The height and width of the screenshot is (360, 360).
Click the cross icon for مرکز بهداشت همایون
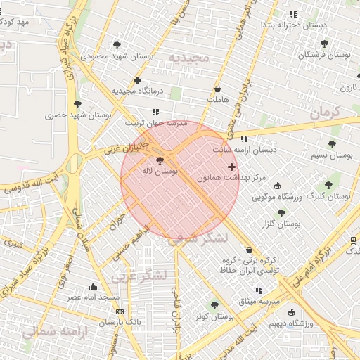tap(232, 167)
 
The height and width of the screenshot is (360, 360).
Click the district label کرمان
tap(324, 111)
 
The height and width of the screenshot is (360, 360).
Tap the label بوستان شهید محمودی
tap(112, 55)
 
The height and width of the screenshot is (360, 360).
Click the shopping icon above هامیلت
tap(218, 89)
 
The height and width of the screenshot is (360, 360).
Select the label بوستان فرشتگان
tap(324, 55)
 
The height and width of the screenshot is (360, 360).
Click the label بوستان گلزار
tap(281, 224)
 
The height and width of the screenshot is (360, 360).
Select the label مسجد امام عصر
tap(94, 297)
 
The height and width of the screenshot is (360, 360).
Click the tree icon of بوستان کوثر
tap(214, 305)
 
